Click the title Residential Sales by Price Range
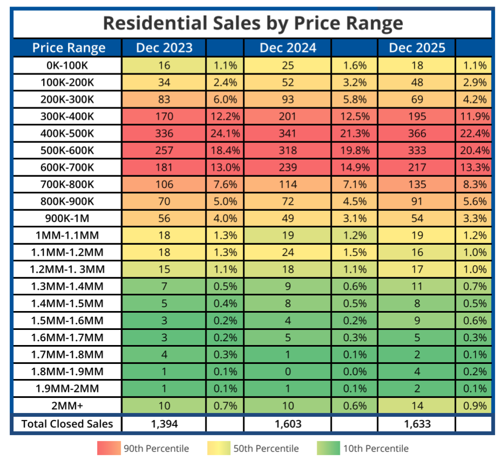252,23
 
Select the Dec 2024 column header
287,47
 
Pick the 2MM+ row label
67,406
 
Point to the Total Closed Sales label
67,424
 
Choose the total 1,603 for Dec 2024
287,424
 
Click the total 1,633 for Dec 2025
417,424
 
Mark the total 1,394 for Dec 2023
164,424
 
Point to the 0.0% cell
355,371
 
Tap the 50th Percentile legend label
265,448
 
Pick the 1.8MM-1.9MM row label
67,371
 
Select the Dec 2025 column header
417,47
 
